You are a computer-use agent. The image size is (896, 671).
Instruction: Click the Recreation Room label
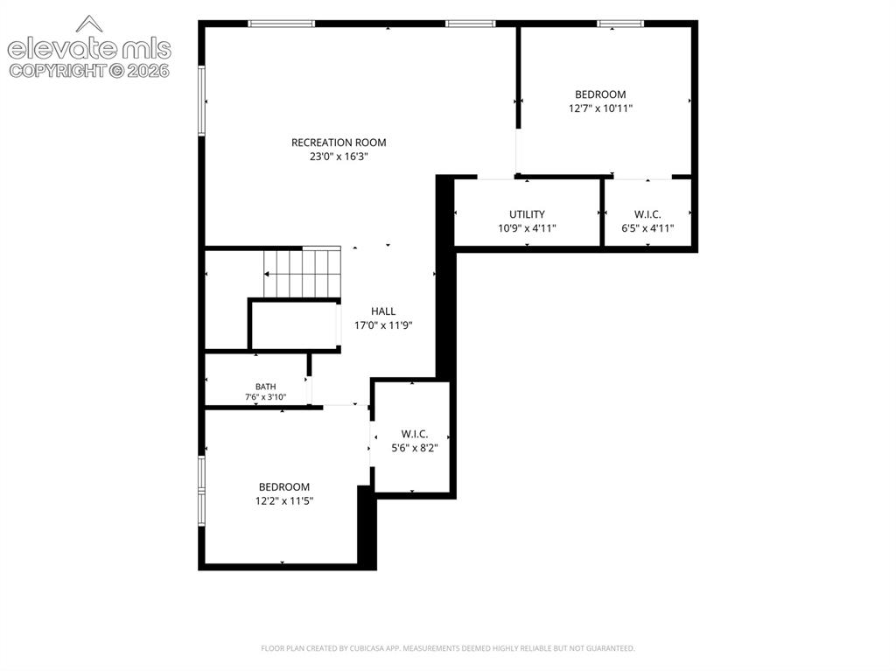click(339, 143)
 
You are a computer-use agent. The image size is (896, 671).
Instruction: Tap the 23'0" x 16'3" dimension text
click(339, 157)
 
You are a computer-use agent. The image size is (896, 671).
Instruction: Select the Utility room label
click(527, 214)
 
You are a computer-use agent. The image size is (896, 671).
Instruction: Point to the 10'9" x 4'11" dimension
click(527, 228)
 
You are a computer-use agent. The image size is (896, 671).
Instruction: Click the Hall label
click(383, 311)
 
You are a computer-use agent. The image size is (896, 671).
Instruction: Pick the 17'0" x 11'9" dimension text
click(383, 325)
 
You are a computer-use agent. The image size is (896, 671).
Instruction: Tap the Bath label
click(266, 387)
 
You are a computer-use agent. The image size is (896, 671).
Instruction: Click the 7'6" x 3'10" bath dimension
click(266, 397)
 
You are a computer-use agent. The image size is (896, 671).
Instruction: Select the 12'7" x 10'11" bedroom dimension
click(600, 108)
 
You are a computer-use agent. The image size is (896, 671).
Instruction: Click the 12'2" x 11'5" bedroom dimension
click(284, 501)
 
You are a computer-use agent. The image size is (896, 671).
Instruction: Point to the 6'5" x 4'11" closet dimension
click(647, 228)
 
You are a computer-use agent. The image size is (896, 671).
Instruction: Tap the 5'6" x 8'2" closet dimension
click(414, 448)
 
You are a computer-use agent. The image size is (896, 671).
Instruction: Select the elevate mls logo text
click(89, 49)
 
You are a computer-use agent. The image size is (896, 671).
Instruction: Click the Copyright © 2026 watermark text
click(89, 71)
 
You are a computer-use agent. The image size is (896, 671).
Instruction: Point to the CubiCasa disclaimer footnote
click(447, 648)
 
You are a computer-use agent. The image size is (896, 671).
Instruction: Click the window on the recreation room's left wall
click(201, 101)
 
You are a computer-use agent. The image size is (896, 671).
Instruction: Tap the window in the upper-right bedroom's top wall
click(620, 24)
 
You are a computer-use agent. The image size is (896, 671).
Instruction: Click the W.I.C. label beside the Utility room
click(647, 215)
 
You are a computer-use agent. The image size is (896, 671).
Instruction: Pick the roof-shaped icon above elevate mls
click(89, 24)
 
